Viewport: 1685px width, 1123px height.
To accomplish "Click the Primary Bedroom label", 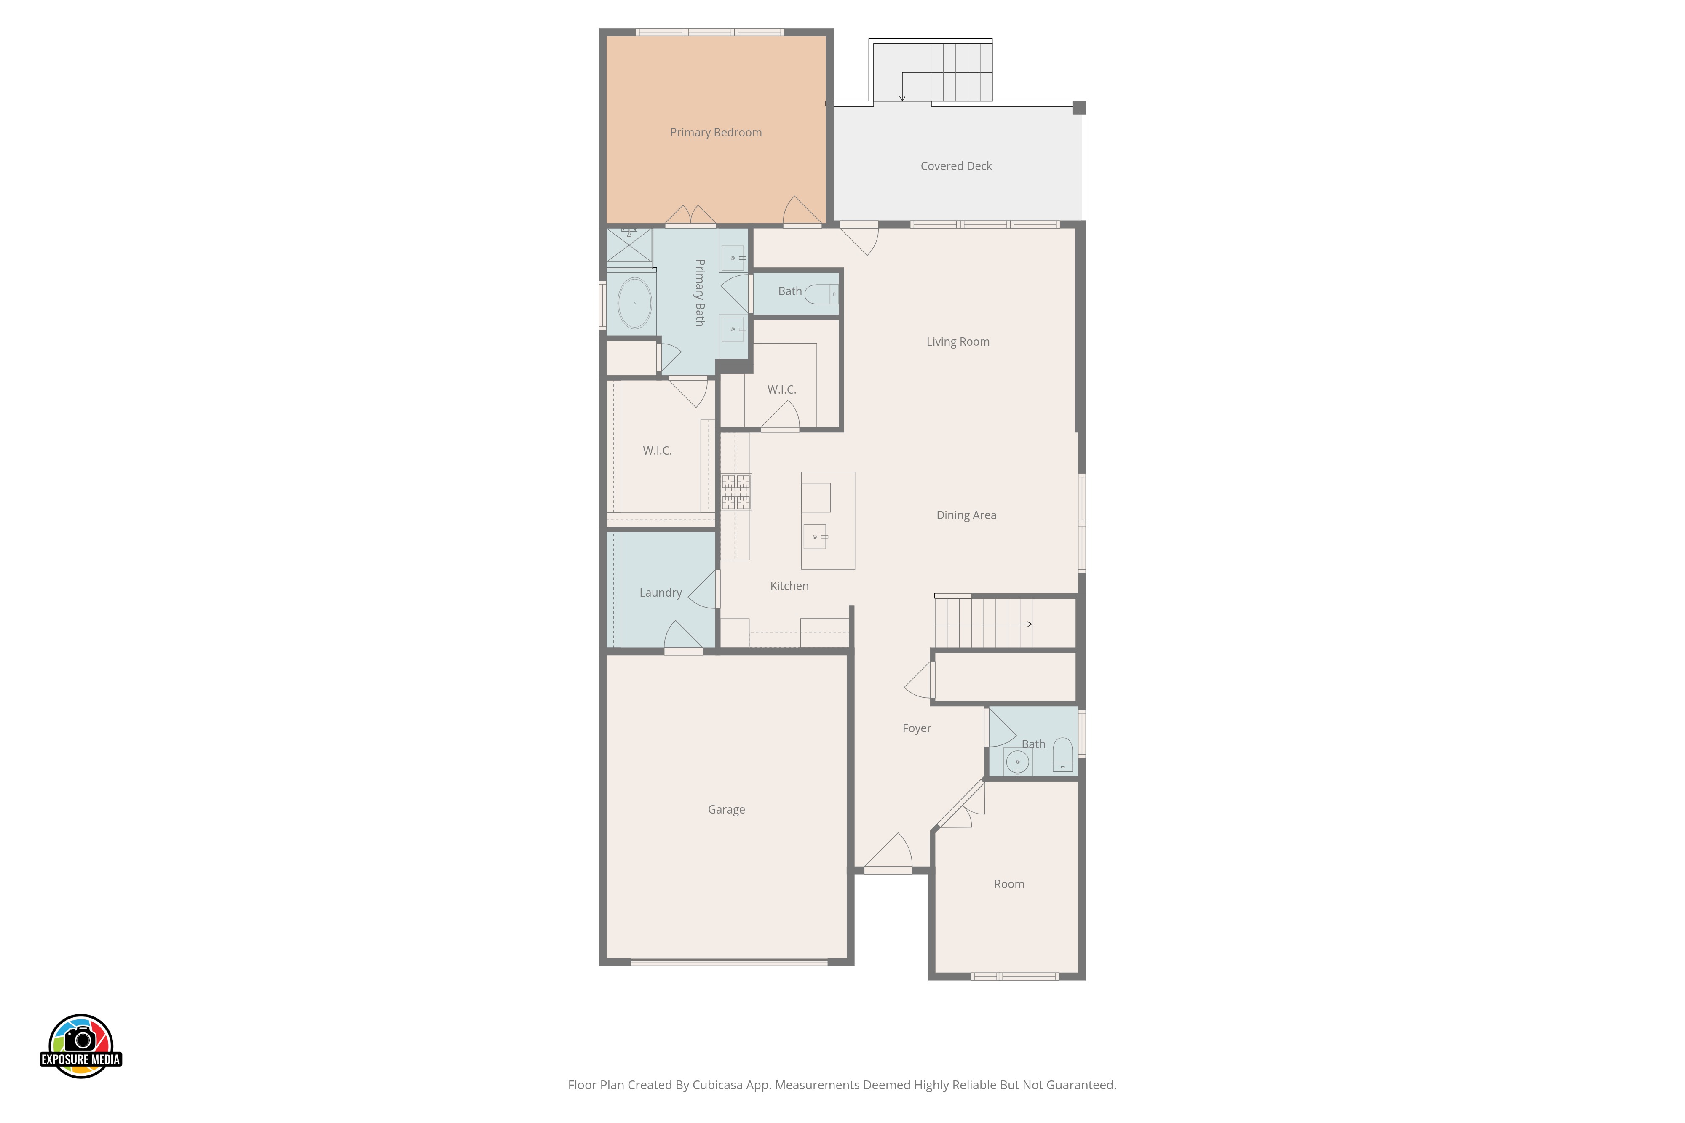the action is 716,133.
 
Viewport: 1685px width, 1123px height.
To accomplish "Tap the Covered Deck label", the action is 956,166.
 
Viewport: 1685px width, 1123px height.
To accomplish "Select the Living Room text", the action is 958,341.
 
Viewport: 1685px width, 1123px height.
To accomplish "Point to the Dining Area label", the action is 966,515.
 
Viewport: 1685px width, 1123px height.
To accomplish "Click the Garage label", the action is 726,809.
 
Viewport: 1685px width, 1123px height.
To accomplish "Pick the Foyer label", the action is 916,728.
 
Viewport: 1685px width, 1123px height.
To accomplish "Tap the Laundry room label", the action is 660,593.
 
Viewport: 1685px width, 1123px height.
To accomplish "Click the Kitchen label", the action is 789,586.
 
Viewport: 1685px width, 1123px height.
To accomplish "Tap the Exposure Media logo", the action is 81,1046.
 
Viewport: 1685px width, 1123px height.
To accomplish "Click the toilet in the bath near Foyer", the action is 1062,755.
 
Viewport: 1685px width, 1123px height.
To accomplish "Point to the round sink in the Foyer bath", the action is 1017,762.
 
